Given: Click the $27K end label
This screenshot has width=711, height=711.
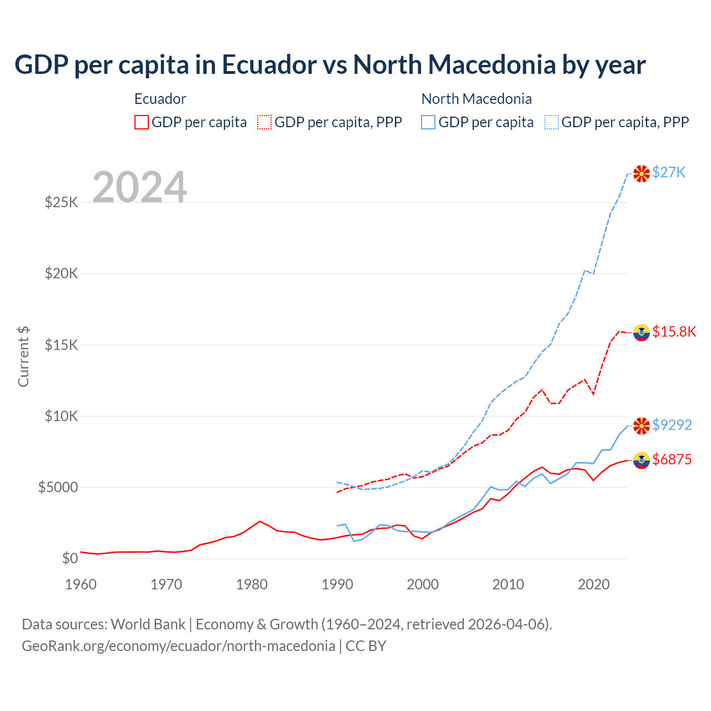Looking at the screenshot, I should (x=669, y=172).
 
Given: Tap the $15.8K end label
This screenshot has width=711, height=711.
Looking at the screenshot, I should (x=674, y=332).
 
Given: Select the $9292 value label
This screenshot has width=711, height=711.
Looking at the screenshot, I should (x=672, y=425).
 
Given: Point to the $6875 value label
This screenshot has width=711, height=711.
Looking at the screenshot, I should (x=672, y=459).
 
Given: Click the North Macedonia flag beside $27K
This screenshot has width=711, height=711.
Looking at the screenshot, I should (x=642, y=173).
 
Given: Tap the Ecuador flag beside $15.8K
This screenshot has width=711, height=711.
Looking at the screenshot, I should (x=642, y=332).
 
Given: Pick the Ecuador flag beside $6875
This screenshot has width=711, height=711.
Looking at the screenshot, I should (x=642, y=460).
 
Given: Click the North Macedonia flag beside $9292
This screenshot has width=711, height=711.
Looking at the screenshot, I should (x=642, y=425).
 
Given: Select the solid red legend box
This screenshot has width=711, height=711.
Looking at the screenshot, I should (x=142, y=122).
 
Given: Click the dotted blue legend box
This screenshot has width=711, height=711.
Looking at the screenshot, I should (x=552, y=122).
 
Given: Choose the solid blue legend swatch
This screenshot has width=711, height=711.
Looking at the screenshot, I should (x=428, y=122).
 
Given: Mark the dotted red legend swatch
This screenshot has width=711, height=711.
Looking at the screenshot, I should (x=265, y=122).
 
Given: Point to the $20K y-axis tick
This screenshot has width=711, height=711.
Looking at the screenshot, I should (x=61, y=273).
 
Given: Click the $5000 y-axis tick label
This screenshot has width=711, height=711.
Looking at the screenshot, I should (x=58, y=487).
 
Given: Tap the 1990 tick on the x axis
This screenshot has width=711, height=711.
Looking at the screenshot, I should (x=337, y=584).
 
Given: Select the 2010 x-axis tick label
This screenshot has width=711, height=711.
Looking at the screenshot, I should (x=508, y=584).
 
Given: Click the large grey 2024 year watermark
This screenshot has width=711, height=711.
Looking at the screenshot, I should (x=139, y=187).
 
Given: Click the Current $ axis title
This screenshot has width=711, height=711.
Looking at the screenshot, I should (x=23, y=356).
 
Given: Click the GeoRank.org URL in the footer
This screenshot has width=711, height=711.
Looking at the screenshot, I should (x=178, y=646).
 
